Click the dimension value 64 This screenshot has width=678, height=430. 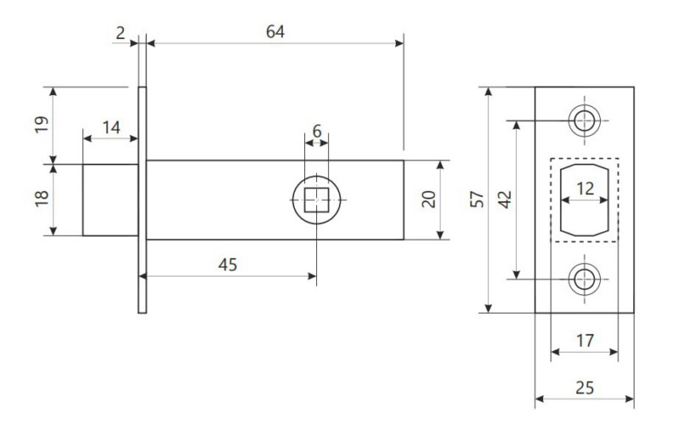coord(275,31)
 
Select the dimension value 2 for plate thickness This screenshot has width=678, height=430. coord(120,33)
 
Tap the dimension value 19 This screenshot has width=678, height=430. coord(42,125)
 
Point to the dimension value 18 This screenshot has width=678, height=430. coord(42,198)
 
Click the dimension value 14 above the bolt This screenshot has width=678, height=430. coord(111,127)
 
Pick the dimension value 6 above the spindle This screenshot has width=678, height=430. coord(317,131)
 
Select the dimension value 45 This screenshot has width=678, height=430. coord(227,265)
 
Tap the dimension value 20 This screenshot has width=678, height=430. coord(429,199)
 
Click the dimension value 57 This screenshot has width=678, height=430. coord(477,199)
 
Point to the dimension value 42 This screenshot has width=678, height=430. coord(504,199)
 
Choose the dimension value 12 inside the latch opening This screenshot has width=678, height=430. coord(585,188)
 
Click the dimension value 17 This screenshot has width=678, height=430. coord(585,340)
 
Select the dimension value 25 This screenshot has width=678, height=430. coord(585,388)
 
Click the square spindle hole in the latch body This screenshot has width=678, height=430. coord(316,200)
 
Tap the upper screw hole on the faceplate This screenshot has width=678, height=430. coord(584,120)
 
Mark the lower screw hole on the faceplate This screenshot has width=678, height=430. coord(584,279)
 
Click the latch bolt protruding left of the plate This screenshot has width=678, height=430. coord(110,200)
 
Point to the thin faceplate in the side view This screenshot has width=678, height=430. coord(142,200)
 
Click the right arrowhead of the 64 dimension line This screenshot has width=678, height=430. coord(398,43)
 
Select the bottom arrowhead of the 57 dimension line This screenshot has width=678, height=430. coord(488,308)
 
